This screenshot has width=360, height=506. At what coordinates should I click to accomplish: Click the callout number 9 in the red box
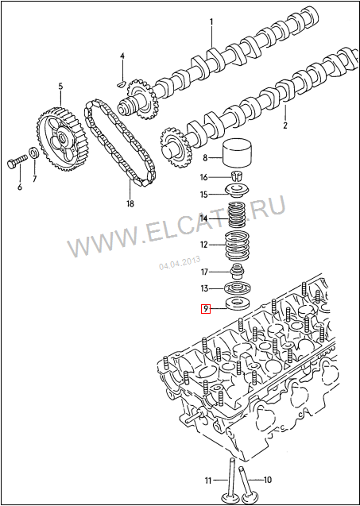click(x=205, y=309)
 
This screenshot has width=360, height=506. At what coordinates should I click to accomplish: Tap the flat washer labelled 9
click(x=238, y=303)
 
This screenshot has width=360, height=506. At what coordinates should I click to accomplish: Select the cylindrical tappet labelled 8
click(x=238, y=153)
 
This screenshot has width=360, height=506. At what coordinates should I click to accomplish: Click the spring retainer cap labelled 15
click(x=238, y=191)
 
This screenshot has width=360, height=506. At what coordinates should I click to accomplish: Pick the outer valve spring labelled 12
click(x=238, y=246)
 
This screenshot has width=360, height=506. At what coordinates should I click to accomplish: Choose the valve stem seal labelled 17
click(x=238, y=272)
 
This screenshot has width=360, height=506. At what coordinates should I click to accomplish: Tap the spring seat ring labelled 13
click(x=238, y=288)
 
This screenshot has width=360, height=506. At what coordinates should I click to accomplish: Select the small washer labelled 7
click(x=33, y=153)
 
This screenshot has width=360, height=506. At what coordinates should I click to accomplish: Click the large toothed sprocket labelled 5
click(x=58, y=139)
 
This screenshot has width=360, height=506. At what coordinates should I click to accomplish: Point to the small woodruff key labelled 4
click(x=120, y=84)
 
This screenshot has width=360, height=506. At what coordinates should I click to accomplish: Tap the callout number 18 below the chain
click(x=130, y=203)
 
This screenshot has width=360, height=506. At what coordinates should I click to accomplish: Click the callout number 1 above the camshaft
click(x=211, y=22)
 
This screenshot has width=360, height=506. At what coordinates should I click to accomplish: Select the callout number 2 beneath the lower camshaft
click(x=285, y=125)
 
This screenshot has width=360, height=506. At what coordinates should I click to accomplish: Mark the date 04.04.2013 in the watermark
click(x=180, y=262)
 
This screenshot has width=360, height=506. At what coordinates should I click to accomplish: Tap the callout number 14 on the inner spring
click(x=203, y=218)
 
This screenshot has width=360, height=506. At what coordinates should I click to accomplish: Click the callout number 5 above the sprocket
click(x=60, y=87)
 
